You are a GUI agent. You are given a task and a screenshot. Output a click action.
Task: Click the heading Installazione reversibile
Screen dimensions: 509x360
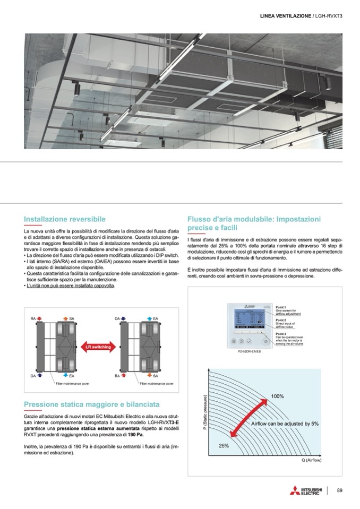(65, 219)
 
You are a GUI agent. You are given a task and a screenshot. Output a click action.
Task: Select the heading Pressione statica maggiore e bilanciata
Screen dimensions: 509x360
(92, 404)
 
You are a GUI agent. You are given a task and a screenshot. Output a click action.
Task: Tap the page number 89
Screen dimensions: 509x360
(340, 490)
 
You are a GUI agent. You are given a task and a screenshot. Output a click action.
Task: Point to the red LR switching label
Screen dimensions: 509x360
(98, 347)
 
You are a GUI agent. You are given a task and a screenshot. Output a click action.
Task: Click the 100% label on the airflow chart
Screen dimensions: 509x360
(277, 396)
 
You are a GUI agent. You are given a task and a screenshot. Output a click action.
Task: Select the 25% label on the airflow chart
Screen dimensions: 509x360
(224, 445)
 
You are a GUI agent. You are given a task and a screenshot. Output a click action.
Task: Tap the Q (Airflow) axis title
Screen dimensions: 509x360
(312, 460)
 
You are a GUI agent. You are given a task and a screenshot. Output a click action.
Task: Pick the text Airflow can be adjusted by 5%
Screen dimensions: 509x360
(285, 424)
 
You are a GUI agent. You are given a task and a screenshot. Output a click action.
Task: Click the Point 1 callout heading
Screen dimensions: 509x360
(281, 307)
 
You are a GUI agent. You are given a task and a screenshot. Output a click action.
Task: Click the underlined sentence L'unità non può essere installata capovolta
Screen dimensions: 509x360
(70, 286)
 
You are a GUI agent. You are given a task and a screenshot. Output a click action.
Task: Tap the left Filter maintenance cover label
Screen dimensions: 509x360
(73, 383)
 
